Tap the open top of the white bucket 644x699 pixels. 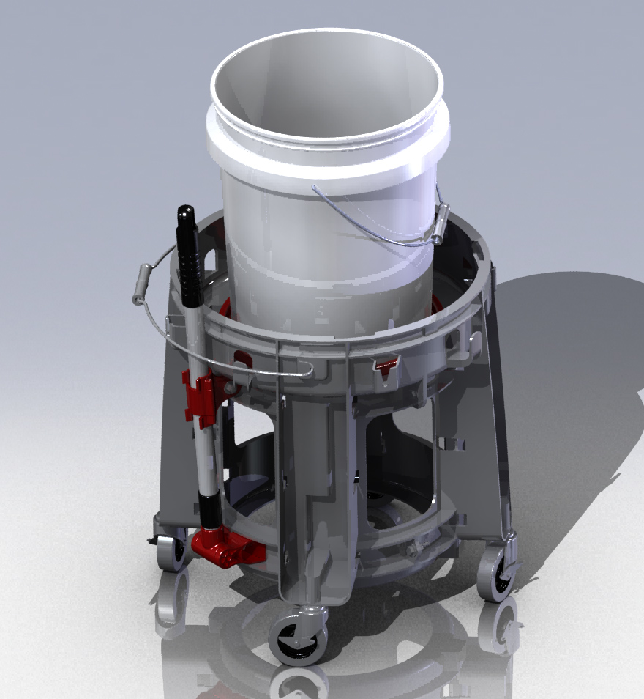point(326,88)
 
